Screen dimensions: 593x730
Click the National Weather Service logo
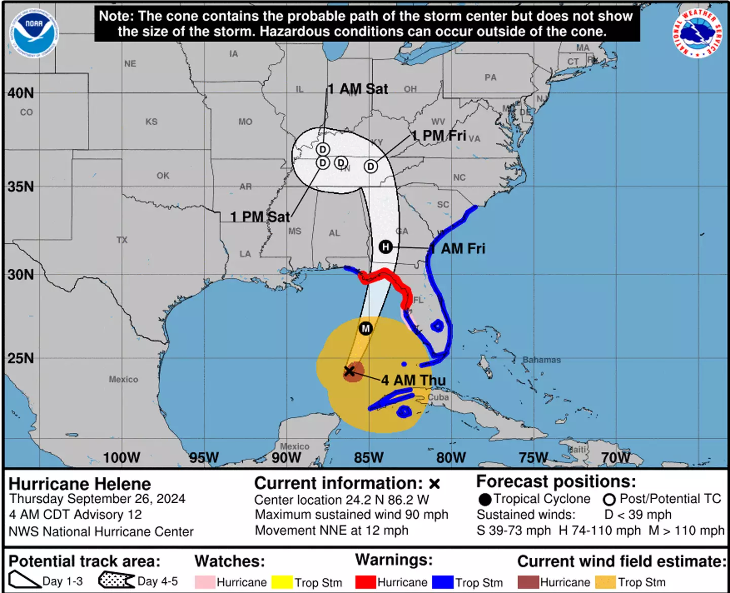(698, 33)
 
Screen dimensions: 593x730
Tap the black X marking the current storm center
(349, 371)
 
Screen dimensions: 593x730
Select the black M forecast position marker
(366, 328)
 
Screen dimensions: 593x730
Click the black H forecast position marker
(386, 247)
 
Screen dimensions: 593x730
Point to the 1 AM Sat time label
(357, 89)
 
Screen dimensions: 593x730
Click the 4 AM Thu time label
(413, 380)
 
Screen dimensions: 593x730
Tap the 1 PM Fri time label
(439, 135)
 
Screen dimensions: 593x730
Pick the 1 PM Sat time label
(260, 217)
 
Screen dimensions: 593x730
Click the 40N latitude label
(21, 93)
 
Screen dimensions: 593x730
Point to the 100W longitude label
(122, 458)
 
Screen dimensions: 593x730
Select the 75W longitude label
(533, 458)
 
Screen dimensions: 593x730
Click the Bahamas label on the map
(541, 360)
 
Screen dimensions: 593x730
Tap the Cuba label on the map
(438, 397)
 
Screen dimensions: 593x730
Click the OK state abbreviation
(163, 176)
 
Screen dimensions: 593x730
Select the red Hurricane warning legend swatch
(366, 582)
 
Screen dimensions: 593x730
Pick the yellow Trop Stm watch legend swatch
(282, 582)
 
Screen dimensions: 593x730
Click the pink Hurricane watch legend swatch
(205, 582)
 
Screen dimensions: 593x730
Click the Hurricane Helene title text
(80, 483)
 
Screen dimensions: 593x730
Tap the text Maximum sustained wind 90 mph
(351, 514)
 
